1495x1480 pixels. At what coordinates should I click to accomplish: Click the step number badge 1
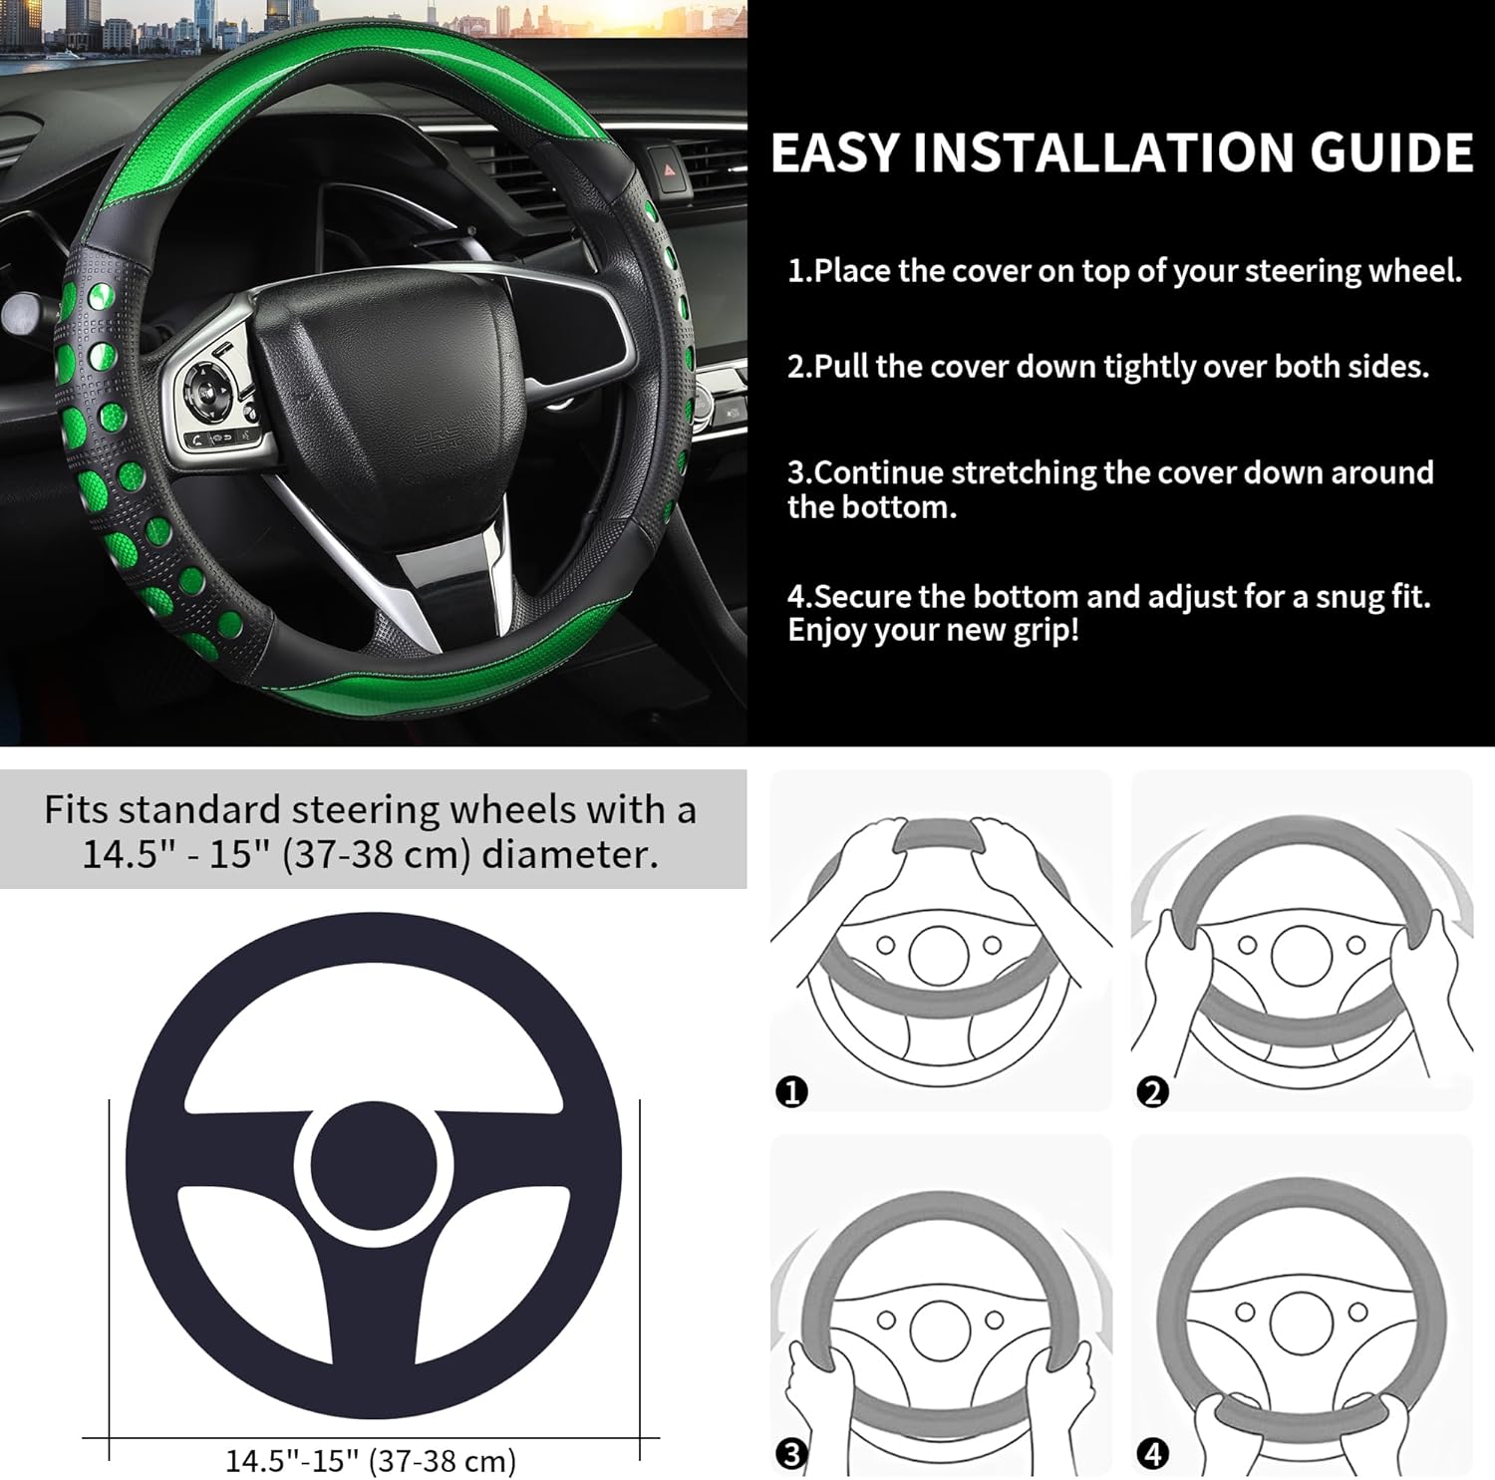click(791, 1092)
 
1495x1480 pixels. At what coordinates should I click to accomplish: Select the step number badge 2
click(1152, 1092)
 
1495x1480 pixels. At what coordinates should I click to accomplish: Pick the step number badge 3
click(791, 1454)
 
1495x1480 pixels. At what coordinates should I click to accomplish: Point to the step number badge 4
click(1152, 1454)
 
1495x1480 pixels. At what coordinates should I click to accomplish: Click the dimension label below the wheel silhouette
click(371, 1461)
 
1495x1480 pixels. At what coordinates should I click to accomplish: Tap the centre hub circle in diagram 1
click(939, 956)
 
